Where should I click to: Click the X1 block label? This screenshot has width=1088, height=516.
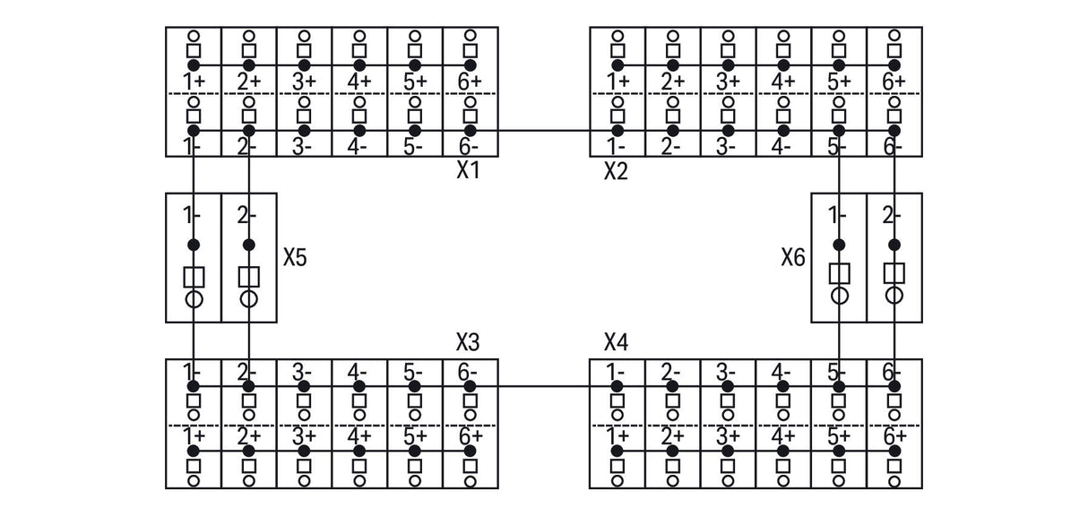click(468, 170)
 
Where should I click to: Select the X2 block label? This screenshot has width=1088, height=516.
click(616, 171)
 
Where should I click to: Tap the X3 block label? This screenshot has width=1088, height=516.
click(468, 342)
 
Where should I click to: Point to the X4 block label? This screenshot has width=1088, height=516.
click(616, 342)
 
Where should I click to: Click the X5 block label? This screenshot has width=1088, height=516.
click(295, 257)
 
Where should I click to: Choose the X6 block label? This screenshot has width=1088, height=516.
click(792, 257)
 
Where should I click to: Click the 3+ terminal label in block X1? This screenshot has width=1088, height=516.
click(304, 82)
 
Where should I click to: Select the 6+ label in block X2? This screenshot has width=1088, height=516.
click(894, 82)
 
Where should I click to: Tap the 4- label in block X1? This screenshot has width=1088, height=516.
click(357, 146)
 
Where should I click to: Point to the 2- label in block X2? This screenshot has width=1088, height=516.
click(670, 146)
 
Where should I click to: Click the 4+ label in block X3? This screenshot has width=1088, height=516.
click(359, 436)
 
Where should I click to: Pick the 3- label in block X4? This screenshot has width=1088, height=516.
click(726, 373)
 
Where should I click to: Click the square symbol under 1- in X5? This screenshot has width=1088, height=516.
click(194, 277)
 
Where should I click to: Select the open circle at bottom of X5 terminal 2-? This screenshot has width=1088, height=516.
click(248, 299)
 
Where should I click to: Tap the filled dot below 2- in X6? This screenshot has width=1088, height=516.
click(894, 245)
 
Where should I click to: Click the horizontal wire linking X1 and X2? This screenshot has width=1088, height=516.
click(543, 131)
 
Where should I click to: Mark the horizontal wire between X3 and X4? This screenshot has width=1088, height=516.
click(543, 386)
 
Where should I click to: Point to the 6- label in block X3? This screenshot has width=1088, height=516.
click(467, 373)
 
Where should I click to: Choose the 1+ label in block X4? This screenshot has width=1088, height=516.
click(617, 436)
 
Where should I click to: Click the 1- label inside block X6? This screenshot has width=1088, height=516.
click(837, 215)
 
